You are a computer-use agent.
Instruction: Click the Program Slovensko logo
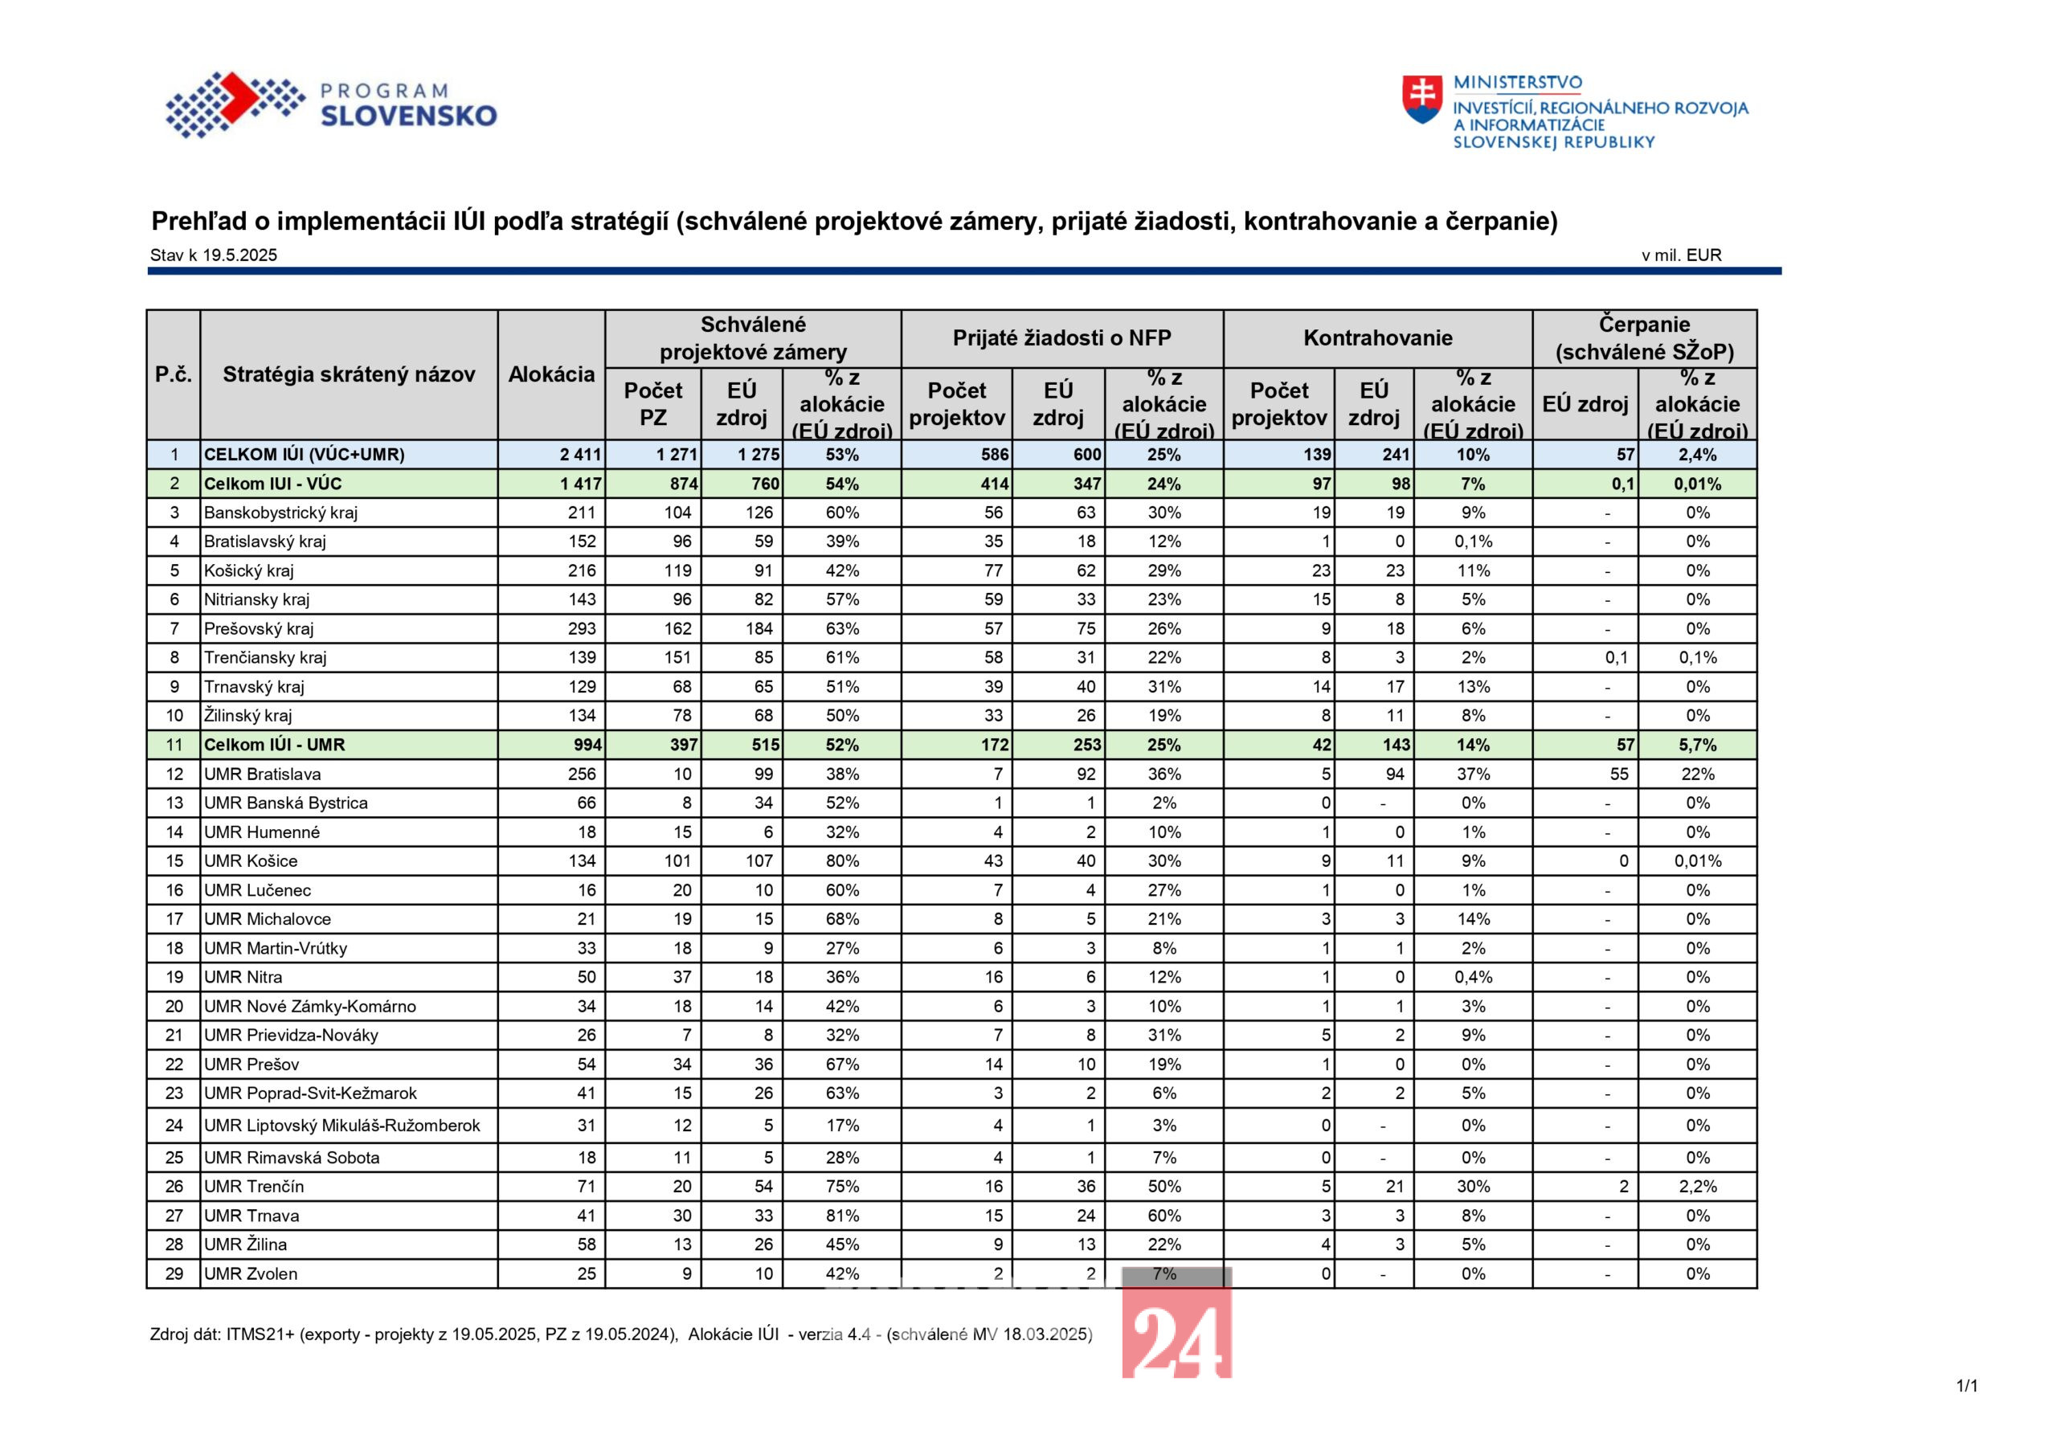[330, 104]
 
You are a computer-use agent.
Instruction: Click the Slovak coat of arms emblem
[1421, 100]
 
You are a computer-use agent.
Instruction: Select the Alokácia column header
[551, 374]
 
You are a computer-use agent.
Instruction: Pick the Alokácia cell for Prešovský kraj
[582, 628]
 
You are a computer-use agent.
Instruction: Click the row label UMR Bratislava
[262, 774]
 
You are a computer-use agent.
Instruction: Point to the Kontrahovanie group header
[1378, 337]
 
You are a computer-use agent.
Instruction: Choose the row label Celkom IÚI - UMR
[274, 745]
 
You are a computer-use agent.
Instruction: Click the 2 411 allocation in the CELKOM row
[581, 454]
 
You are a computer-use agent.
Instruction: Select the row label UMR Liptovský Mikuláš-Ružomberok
[342, 1126]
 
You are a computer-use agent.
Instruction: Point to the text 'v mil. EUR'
[1682, 255]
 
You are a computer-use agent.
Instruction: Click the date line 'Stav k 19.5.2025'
[213, 255]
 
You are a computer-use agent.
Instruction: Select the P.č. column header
[174, 374]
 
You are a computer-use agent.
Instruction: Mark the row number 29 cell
[174, 1274]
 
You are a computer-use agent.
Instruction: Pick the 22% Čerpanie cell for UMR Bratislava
[1698, 774]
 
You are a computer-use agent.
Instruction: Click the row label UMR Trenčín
[254, 1186]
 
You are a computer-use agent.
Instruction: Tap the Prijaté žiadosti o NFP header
[1061, 337]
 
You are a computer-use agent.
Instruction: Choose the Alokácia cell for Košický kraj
[582, 570]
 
